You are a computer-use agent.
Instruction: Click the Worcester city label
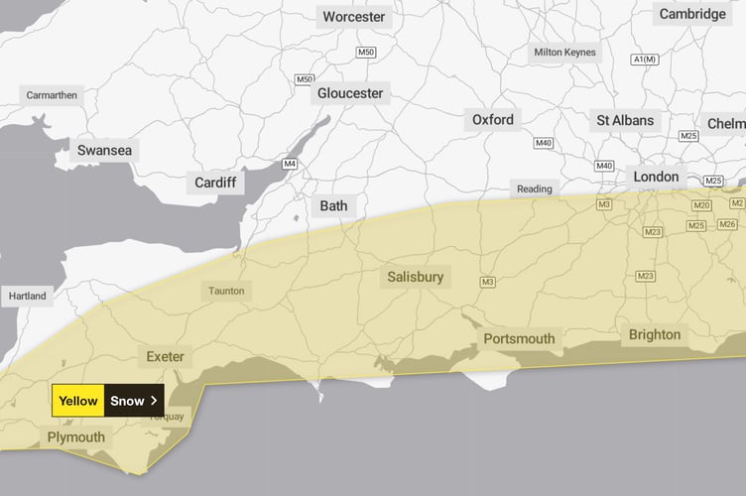pos(353,17)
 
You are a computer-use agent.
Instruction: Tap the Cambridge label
pos(692,14)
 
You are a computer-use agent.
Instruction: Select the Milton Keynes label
pos(565,52)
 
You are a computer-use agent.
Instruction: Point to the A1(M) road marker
pos(644,60)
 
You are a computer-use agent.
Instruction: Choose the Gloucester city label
pos(349,93)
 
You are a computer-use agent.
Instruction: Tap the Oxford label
pos(493,120)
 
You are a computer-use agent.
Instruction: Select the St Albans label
pos(625,121)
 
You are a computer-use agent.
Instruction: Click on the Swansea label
pos(103,151)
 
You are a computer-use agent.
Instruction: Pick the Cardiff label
pos(214,183)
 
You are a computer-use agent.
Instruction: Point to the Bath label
pos(333,206)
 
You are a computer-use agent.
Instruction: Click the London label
pos(657,178)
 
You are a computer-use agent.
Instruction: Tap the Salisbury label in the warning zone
pos(417,277)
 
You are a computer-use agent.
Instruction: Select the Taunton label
pos(226,292)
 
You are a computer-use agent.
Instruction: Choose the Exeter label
pos(165,357)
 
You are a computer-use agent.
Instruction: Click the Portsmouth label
pos(520,339)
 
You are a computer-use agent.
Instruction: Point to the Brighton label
pos(655,334)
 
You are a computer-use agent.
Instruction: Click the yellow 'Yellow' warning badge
pos(78,401)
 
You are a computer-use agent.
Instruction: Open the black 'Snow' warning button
pos(134,401)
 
